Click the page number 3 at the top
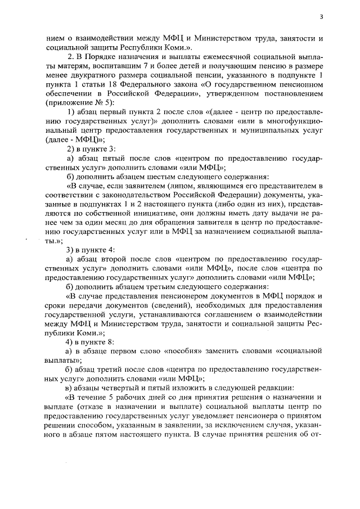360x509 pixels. [x=321, y=17]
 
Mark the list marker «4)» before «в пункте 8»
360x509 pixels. [x=71, y=342]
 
